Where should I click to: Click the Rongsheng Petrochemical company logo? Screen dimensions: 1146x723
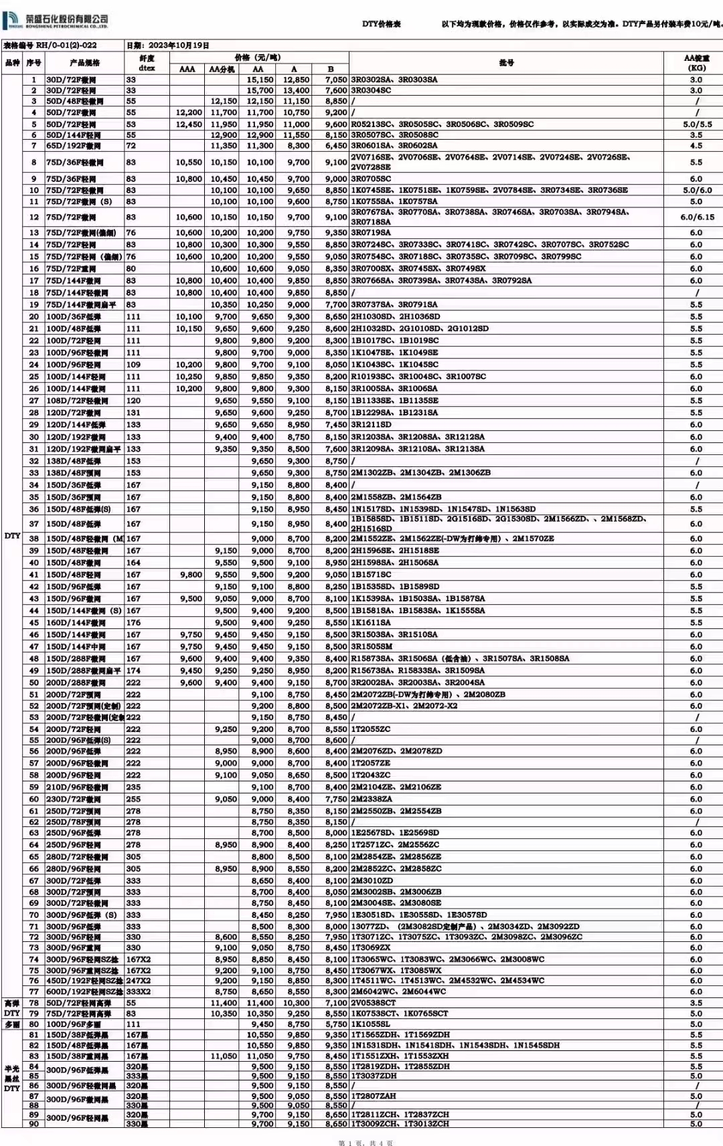pos(56,21)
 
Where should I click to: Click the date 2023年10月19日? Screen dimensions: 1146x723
pos(168,45)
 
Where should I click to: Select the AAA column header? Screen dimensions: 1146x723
pos(187,69)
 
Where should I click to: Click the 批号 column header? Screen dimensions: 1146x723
pos(506,63)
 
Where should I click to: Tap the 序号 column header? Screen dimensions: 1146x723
pos(33,63)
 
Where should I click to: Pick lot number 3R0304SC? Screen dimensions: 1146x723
pos(371,90)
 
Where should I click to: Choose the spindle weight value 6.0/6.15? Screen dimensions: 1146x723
pos(696,217)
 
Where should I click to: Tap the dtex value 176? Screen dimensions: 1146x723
pos(133,623)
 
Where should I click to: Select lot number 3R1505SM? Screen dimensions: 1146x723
pos(372,647)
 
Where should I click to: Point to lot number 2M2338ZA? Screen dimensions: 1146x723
pos(372,799)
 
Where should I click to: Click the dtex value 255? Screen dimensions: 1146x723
pos(133,799)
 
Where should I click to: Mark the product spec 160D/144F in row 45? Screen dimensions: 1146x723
pos(75,623)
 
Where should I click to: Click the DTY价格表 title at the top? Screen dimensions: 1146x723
pos(381,24)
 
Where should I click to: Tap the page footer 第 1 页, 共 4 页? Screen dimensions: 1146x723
pos(366,1143)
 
